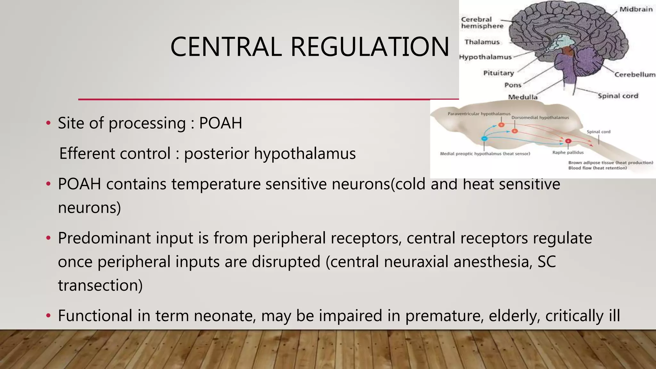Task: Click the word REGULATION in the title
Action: click(x=370, y=47)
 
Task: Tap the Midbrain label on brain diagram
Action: click(x=636, y=9)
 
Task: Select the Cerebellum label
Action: click(x=635, y=75)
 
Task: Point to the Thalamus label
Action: click(x=482, y=42)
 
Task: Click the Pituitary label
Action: click(x=498, y=73)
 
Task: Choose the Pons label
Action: click(x=512, y=85)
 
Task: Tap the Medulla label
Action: click(x=522, y=97)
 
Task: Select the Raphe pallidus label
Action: click(x=568, y=152)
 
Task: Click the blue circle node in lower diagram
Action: click(x=484, y=138)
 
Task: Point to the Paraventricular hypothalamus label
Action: click(x=479, y=114)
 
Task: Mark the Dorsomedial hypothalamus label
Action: click(x=540, y=118)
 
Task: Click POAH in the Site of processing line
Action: click(x=220, y=123)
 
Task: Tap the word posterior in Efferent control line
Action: click(x=216, y=153)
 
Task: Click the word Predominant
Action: click(x=104, y=238)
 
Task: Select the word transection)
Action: click(x=100, y=285)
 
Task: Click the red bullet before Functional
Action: click(x=48, y=316)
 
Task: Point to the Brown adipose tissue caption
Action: click(x=610, y=163)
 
